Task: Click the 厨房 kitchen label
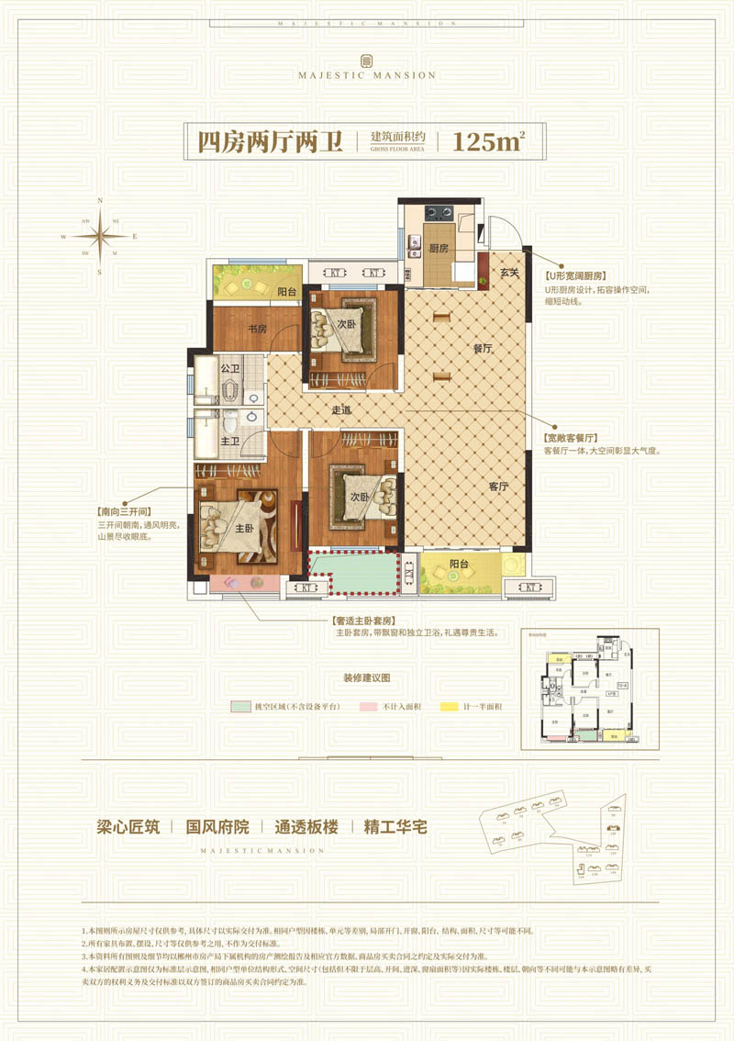tap(438, 249)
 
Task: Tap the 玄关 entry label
tap(510, 272)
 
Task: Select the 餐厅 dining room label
tap(484, 349)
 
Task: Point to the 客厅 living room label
tap(498, 487)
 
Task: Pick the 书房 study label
tap(256, 328)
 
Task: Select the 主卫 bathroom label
tap(229, 442)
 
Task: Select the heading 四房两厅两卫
tap(270, 142)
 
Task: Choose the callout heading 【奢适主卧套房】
tap(366, 621)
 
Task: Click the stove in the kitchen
tap(439, 212)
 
